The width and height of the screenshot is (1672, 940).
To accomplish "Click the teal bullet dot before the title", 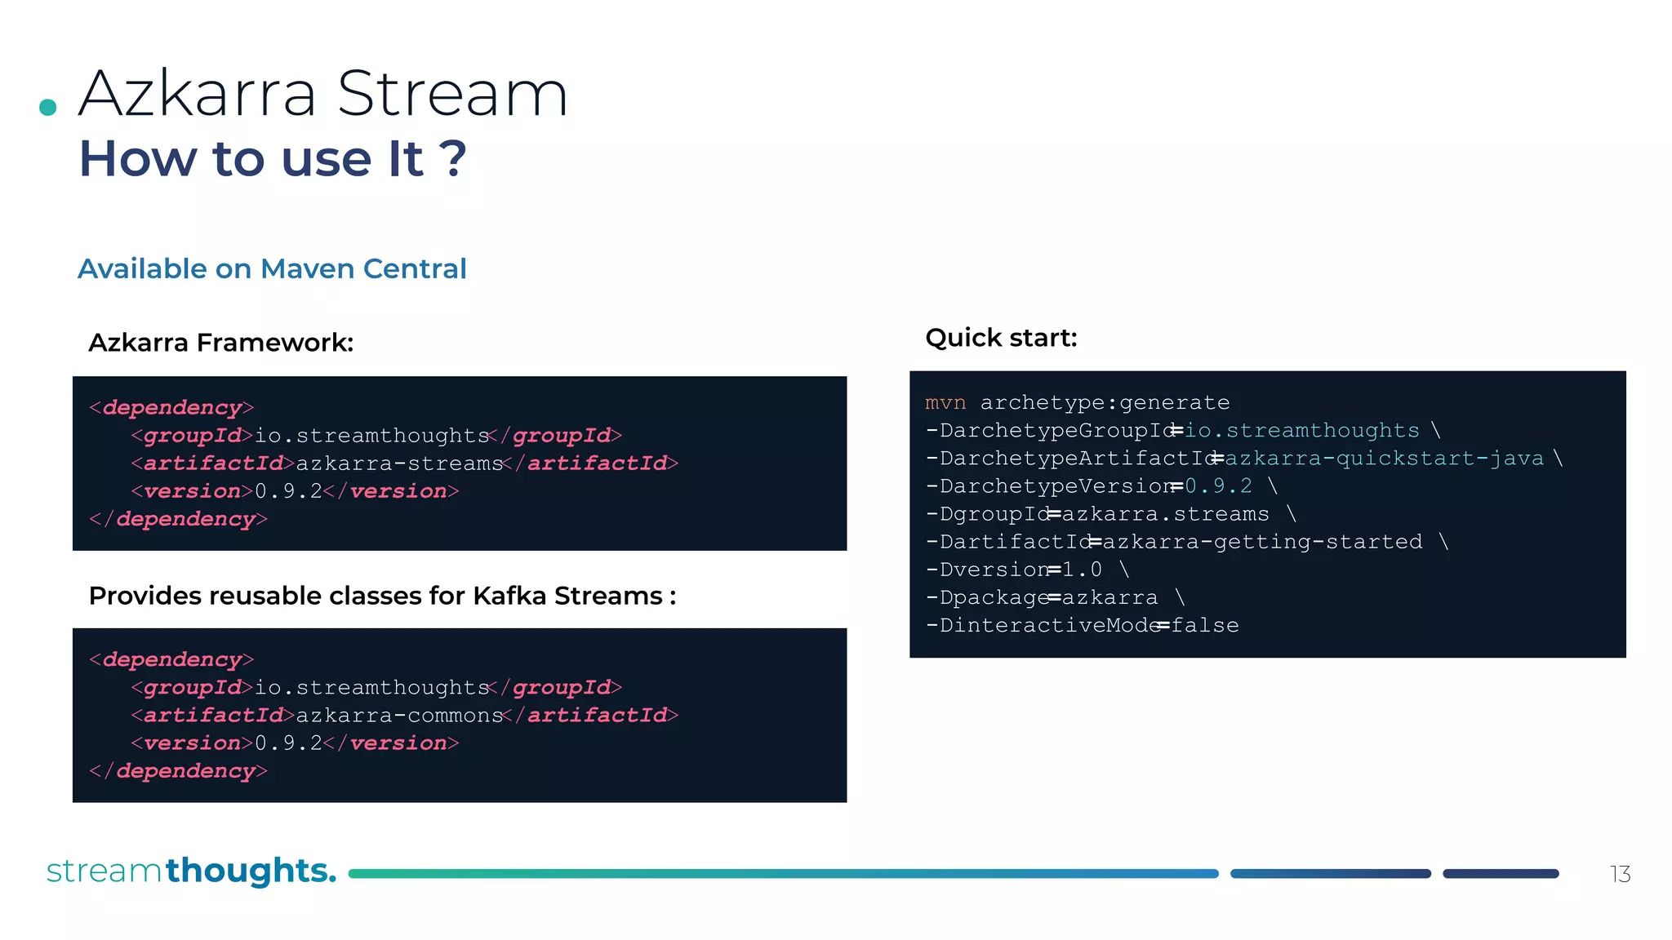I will [x=48, y=107].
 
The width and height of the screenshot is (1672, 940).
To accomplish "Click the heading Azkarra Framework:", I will [x=220, y=343].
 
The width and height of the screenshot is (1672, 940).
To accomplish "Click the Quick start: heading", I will [x=1001, y=338].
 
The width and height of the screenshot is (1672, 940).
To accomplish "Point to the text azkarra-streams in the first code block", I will [x=399, y=463].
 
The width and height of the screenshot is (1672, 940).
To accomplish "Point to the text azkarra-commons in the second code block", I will [x=399, y=716].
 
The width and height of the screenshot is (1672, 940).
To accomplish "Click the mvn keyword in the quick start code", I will [x=945, y=403].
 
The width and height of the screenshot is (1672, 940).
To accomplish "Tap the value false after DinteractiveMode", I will [x=1205, y=626].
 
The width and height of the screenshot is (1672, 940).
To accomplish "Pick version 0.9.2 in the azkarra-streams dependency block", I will [x=288, y=491].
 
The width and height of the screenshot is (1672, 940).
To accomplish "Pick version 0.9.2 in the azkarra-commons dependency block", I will [x=288, y=743].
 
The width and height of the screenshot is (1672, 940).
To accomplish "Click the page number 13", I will [x=1620, y=875].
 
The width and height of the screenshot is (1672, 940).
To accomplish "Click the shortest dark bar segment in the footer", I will [x=1501, y=874].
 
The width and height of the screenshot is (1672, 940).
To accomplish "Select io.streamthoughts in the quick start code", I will [x=1301, y=431].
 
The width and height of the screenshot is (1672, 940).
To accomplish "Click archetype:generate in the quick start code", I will [x=1105, y=403].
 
